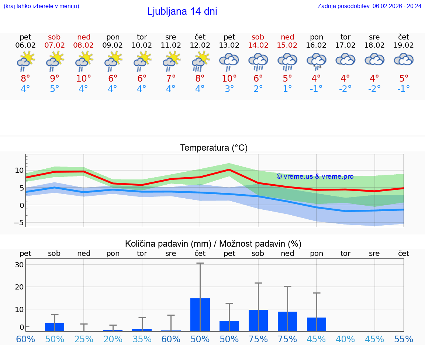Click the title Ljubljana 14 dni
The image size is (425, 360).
182,11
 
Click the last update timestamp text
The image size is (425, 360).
369,6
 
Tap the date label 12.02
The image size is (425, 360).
200,45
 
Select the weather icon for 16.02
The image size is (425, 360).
317,61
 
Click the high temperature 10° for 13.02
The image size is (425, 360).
229,78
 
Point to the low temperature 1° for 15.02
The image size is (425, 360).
287,89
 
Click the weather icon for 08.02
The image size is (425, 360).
84,61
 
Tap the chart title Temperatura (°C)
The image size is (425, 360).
214,148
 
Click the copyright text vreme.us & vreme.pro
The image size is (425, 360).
315,176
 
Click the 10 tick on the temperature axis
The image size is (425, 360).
19,171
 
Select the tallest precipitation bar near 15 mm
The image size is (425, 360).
200,315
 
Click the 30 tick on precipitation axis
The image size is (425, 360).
19,265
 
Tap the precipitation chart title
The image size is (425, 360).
213,244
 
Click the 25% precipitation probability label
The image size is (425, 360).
84,339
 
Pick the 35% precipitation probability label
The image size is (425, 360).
142,339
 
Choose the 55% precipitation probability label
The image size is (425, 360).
404,339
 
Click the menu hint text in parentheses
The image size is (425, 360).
41,6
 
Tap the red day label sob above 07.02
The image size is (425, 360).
54,37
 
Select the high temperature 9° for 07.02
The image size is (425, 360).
55,78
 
